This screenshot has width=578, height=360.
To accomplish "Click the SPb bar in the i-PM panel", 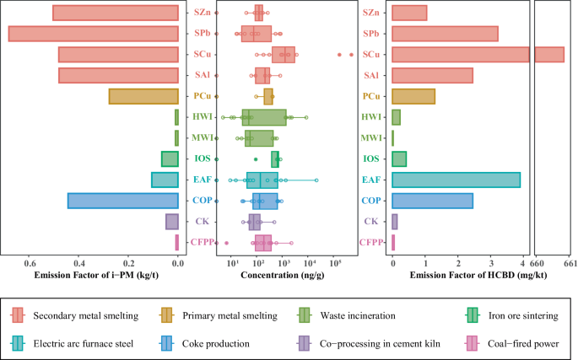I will (93, 34).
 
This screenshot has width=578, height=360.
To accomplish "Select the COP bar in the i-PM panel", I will (123, 201).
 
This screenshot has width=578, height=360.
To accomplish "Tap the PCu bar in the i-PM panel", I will (143, 96).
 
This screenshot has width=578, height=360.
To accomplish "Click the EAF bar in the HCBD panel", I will (456, 180).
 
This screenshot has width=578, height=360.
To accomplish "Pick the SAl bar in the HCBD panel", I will (432, 75).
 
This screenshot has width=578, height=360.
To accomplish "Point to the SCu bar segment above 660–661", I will (549, 55).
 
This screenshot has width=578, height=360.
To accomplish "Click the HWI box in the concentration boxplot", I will (263, 117).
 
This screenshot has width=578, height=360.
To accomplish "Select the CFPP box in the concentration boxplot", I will (262, 243).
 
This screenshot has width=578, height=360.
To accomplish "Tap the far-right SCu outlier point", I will (351, 54).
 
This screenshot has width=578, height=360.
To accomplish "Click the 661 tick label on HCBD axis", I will (568, 261).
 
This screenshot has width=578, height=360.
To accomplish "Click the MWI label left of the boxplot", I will (202, 137).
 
